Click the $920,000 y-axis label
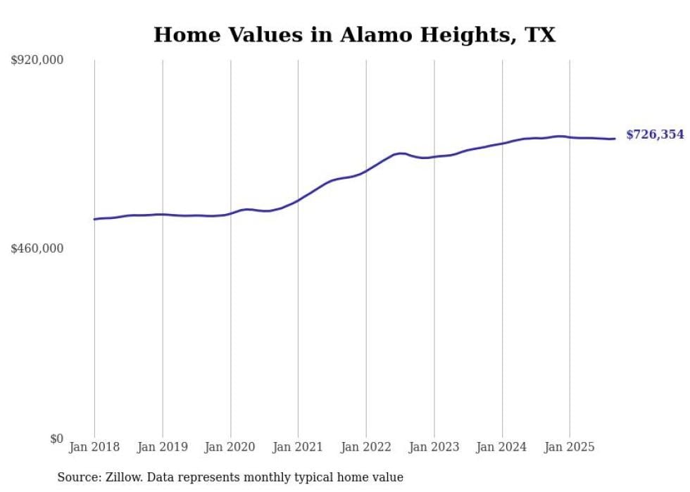point(37,61)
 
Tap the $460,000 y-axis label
point(37,248)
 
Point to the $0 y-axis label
point(56,439)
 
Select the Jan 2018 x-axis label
point(94,447)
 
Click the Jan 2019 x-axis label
point(163,447)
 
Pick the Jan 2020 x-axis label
point(230,447)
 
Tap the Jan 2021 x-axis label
point(298,447)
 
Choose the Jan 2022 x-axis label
point(366,447)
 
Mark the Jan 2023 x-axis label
point(434,447)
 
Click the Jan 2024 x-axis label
point(502,447)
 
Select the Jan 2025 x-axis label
point(570,447)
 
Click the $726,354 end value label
point(655,134)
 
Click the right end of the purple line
point(615,139)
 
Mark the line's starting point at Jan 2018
point(94,219)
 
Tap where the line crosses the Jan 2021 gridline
point(298,201)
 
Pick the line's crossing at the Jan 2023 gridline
point(434,156)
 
